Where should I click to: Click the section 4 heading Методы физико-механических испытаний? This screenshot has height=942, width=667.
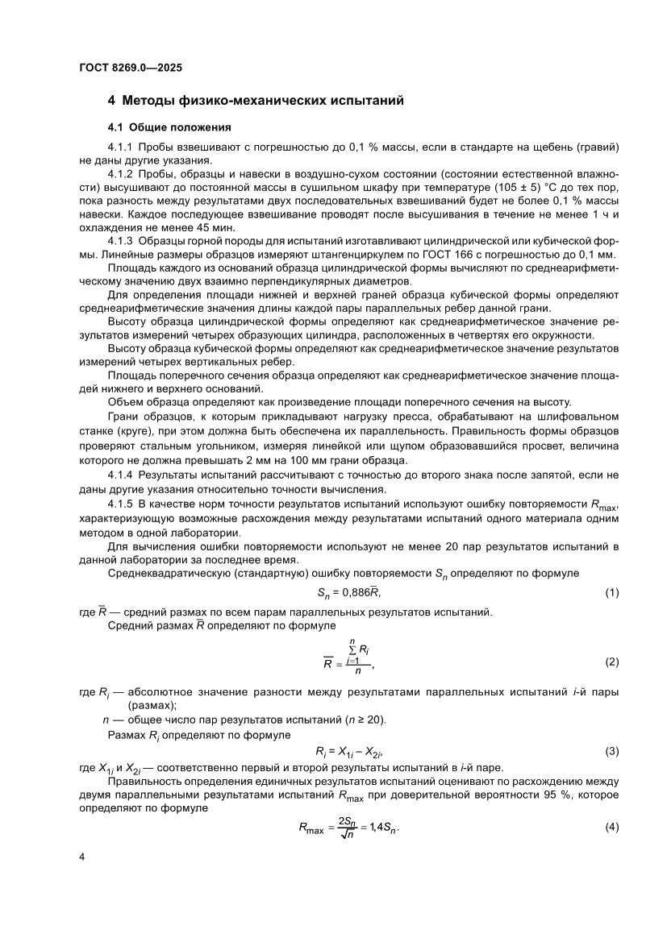click(x=256, y=101)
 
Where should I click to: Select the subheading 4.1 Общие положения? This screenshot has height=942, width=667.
click(x=169, y=127)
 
